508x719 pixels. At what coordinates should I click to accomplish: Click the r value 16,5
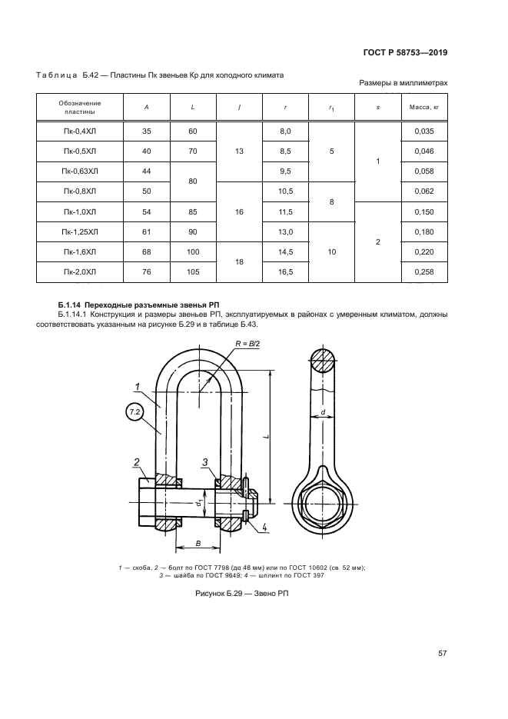285,272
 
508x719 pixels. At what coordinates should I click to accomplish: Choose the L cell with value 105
193,272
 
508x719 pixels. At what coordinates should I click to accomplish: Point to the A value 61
147,232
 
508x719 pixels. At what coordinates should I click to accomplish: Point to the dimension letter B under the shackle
197,543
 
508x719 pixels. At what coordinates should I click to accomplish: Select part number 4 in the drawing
264,528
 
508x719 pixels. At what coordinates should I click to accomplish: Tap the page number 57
443,654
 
